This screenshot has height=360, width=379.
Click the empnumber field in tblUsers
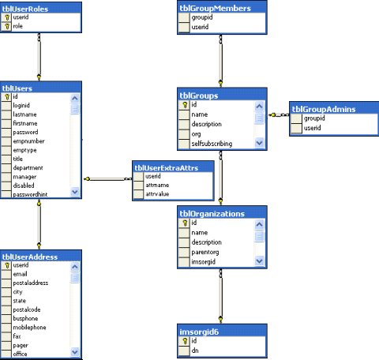31,141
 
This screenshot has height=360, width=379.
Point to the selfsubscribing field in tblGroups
213,143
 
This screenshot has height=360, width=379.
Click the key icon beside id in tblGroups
184,104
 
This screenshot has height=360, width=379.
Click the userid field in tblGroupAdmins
313,128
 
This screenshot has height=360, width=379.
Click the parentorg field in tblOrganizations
207,252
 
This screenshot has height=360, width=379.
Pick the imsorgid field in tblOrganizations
205,261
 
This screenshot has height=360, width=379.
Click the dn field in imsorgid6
194,350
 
